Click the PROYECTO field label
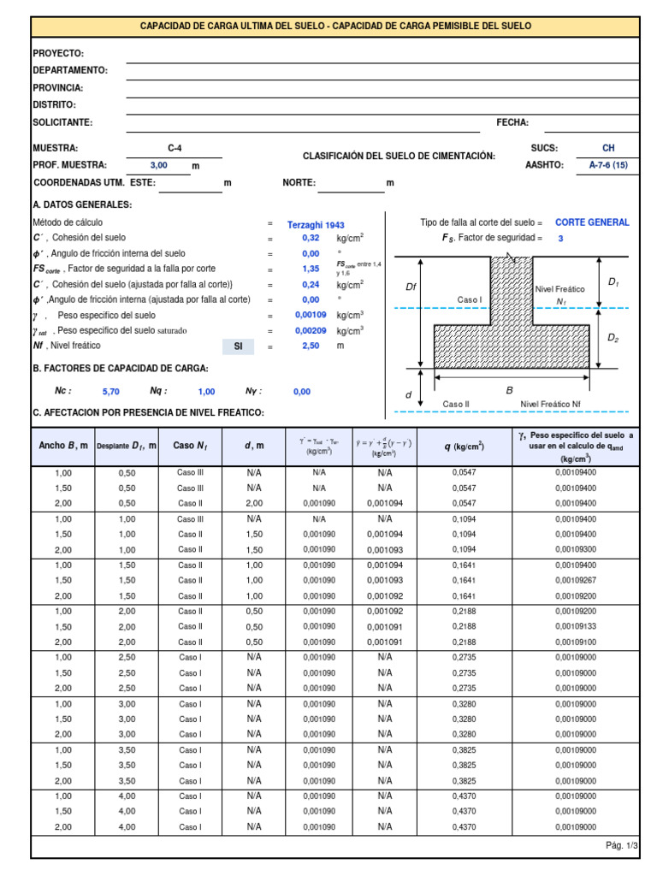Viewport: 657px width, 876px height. (x=58, y=53)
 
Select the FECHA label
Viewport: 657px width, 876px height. (x=512, y=122)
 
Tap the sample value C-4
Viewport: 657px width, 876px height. (x=175, y=148)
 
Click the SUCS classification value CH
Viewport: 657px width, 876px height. (x=608, y=148)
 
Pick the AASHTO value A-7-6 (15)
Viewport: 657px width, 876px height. (x=608, y=165)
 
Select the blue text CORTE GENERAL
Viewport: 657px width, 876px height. (x=592, y=222)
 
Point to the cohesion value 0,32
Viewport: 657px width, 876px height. (x=311, y=238)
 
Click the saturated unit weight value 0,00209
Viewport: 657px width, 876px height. (x=311, y=330)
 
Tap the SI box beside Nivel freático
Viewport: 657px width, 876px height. (x=239, y=346)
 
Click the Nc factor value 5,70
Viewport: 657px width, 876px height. (x=111, y=391)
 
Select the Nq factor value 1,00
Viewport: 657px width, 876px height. (x=206, y=391)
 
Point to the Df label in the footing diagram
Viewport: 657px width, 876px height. (x=411, y=287)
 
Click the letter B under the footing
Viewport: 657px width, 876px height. (x=509, y=390)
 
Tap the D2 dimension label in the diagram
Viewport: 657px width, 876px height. (x=613, y=338)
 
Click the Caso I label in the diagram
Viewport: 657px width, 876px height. (x=470, y=300)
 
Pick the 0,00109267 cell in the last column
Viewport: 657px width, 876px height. (x=577, y=580)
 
